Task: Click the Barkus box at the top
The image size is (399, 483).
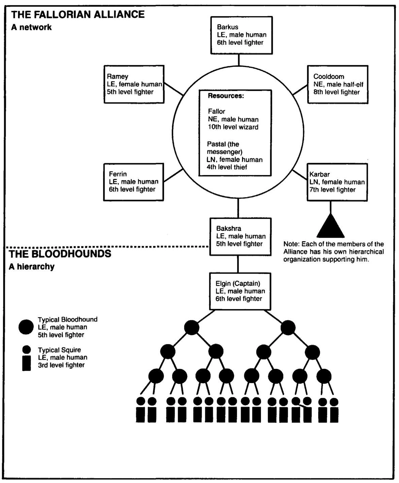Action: pyautogui.click(x=241, y=35)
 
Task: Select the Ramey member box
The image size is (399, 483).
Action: pyautogui.click(x=134, y=84)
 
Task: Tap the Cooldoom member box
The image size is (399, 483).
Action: pyautogui.click(x=337, y=84)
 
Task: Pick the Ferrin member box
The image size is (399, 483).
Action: pyautogui.click(x=133, y=182)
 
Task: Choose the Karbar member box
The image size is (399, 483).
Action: pyautogui.click(x=337, y=182)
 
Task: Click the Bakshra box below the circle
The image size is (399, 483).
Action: pyautogui.click(x=241, y=236)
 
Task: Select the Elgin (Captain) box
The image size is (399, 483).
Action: pyautogui.click(x=240, y=291)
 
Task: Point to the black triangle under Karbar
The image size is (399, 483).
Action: pyautogui.click(x=331, y=226)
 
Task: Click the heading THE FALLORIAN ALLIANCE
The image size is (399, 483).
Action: pyautogui.click(x=78, y=15)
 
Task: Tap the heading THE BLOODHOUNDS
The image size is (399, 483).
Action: pyautogui.click(x=60, y=254)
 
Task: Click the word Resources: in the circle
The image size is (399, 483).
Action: pyautogui.click(x=226, y=96)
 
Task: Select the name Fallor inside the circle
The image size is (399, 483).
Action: pyautogui.click(x=217, y=111)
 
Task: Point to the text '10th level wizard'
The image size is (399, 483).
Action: pyautogui.click(x=233, y=127)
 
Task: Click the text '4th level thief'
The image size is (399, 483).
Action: pyautogui.click(x=227, y=167)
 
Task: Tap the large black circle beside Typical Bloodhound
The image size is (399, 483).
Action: pyautogui.click(x=26, y=327)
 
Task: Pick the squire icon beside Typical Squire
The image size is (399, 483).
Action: pyautogui.click(x=26, y=359)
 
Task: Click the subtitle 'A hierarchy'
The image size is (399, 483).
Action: pyautogui.click(x=32, y=267)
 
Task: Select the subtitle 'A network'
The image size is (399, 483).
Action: pyautogui.click(x=31, y=27)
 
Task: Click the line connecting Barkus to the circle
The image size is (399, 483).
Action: pyautogui.click(x=239, y=60)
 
